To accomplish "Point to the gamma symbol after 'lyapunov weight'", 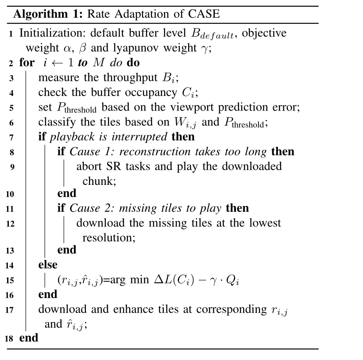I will coord(204,48).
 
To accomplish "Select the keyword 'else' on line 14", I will coord(48,265).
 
